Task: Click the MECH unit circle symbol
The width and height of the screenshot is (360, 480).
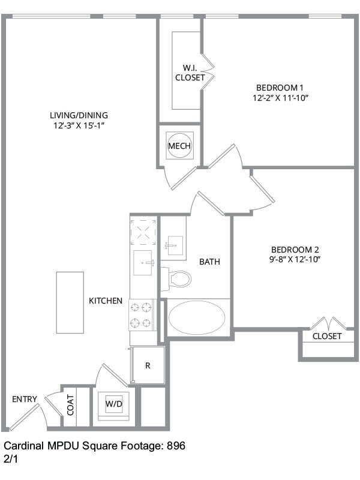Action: (180, 145)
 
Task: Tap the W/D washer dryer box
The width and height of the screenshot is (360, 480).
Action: (114, 404)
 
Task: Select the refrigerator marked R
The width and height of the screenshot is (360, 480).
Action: (148, 365)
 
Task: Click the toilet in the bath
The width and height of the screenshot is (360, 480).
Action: (178, 278)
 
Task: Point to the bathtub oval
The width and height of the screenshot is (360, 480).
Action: (197, 318)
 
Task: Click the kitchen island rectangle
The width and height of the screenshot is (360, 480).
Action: (70, 302)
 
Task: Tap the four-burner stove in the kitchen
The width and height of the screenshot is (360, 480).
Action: (142, 315)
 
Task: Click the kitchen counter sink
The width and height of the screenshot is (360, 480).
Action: (143, 263)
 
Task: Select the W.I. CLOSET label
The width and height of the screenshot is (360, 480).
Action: (190, 73)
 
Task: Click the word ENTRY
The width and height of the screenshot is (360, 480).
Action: (25, 399)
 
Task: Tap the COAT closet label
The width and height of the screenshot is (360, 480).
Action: (70, 404)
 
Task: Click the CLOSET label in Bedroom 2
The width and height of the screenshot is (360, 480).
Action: (327, 336)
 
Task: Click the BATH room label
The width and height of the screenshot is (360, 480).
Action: (209, 262)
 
